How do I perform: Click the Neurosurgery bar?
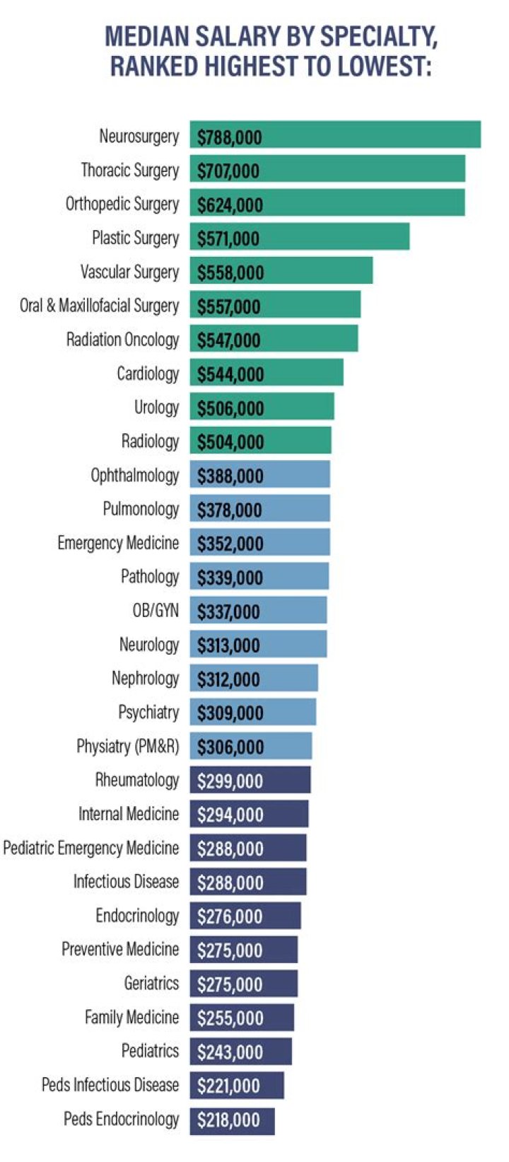pyautogui.click(x=335, y=135)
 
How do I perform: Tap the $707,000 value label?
pyautogui.click(x=228, y=171)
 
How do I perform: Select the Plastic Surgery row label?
pyautogui.click(x=135, y=238)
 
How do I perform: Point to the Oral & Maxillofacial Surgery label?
pyautogui.click(x=99, y=306)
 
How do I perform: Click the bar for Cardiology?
pyautogui.click(x=267, y=373)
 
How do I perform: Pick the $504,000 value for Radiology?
pyautogui.click(x=230, y=442)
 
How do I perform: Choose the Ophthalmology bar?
pyautogui.click(x=259, y=475)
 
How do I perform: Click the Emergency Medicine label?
pyautogui.click(x=118, y=543)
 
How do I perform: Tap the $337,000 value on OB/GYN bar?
pyautogui.click(x=228, y=611)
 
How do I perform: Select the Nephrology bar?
pyautogui.click(x=254, y=679)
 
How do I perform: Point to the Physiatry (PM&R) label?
pyautogui.click(x=127, y=747)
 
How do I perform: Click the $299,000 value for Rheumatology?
pyautogui.click(x=230, y=781)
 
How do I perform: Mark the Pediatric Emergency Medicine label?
pyautogui.click(x=91, y=848)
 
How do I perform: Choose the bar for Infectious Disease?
pyautogui.click(x=248, y=882)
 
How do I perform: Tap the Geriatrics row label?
pyautogui.click(x=151, y=983)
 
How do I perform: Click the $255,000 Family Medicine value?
pyautogui.click(x=230, y=1018)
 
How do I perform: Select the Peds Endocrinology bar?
pyautogui.click(x=232, y=1120)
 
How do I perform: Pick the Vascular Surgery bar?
pyautogui.click(x=281, y=272)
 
